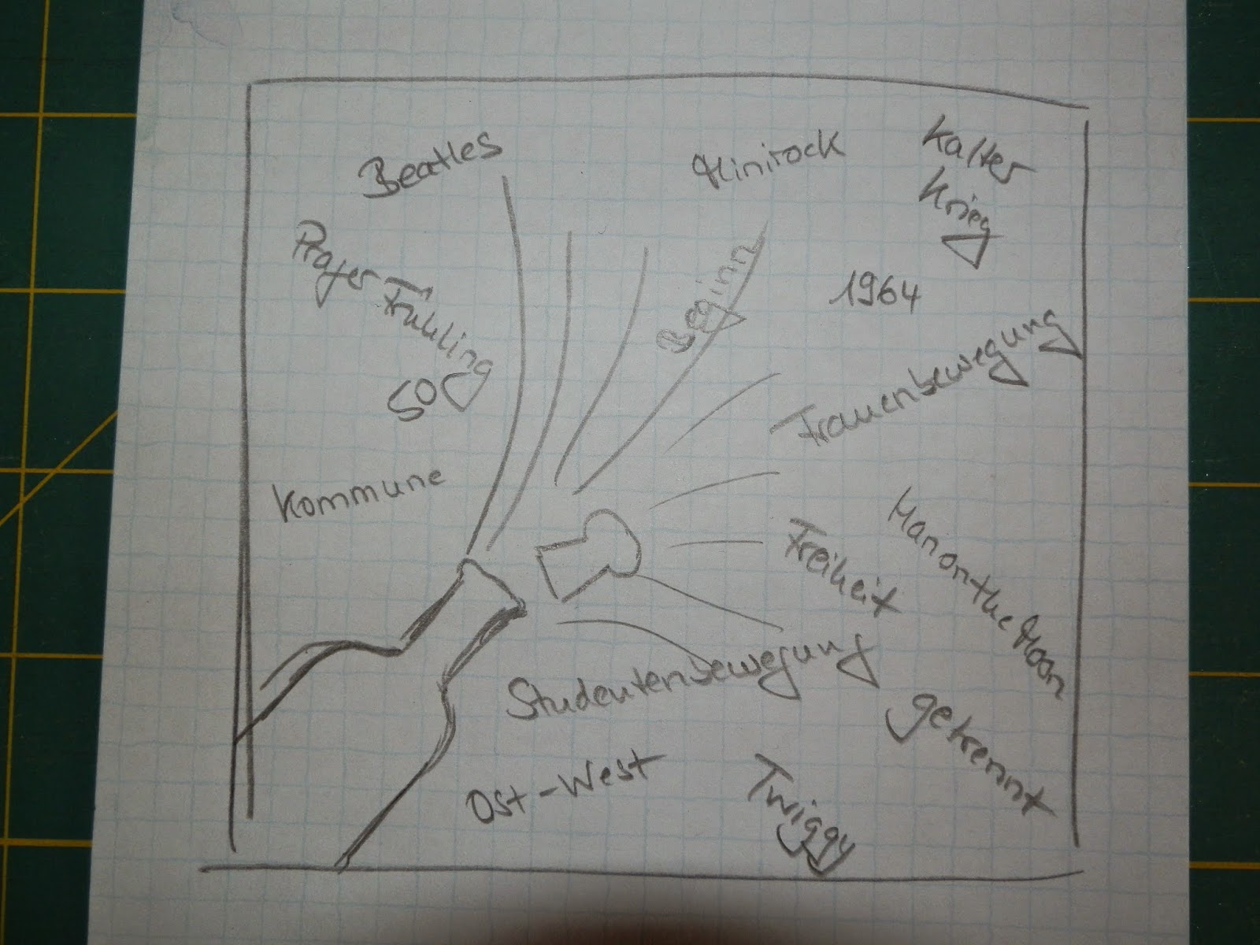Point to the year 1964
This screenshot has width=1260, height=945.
tap(875, 293)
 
